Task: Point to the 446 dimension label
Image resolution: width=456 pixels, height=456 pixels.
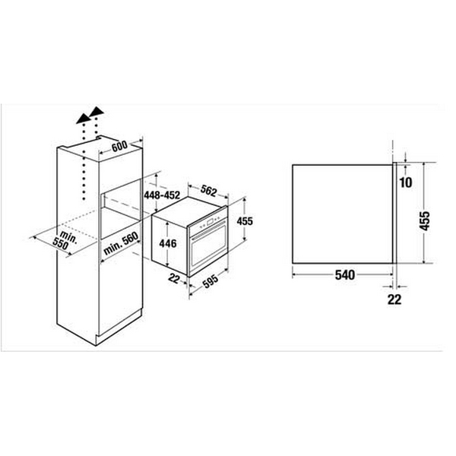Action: click(x=168, y=244)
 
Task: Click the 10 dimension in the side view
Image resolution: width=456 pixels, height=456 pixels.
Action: click(x=404, y=182)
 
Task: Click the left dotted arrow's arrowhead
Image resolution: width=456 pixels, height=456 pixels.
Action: click(x=81, y=118)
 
